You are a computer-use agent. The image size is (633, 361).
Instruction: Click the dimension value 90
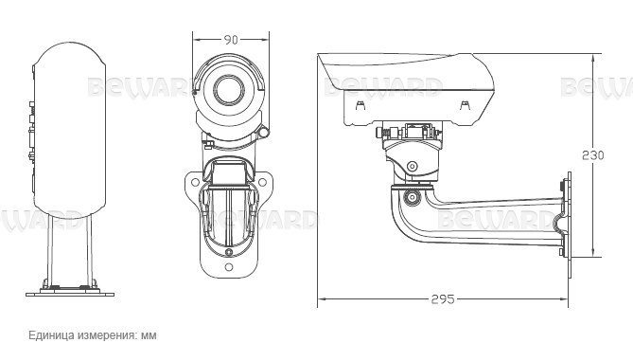[x=229, y=40]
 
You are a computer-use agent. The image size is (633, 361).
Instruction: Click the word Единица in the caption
[x=54, y=335]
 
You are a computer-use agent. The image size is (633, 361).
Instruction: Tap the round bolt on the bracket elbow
[x=412, y=198]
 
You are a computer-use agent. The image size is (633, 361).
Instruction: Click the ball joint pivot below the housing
[x=412, y=164]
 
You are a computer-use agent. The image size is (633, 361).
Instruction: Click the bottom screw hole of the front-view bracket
[x=228, y=253]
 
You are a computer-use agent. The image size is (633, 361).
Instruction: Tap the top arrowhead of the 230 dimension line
[x=594, y=47]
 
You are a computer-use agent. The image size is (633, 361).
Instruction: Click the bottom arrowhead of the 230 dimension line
[x=594, y=253]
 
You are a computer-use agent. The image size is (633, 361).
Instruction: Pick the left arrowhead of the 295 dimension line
[x=320, y=299]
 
